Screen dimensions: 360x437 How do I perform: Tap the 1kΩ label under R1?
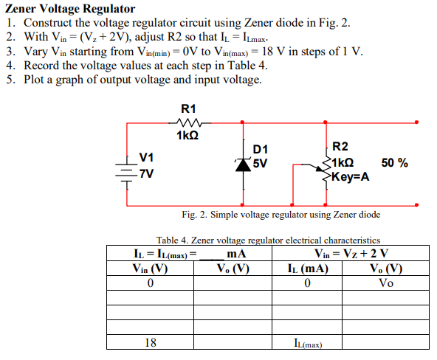pos(187,136)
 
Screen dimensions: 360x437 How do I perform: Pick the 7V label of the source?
pos(147,173)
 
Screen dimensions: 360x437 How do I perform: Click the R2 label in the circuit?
pos(343,148)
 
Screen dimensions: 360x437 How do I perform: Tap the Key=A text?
pos(351,178)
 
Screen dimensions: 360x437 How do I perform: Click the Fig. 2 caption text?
pos(281,215)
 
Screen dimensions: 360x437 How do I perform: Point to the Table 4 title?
pos(268,240)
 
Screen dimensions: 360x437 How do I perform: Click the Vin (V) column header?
pos(150,269)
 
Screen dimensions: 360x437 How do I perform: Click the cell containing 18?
pos(150,342)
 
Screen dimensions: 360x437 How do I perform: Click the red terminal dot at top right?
pos(419,123)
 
